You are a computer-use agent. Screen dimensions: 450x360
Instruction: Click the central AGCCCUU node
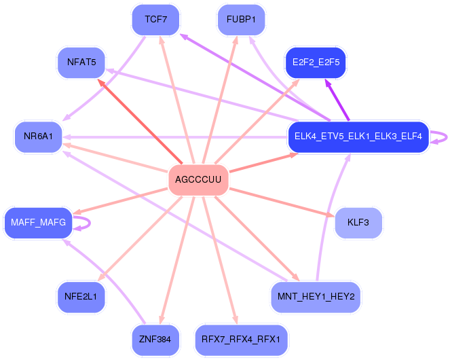[x=198, y=179]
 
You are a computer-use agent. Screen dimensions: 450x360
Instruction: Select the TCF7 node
[x=156, y=20]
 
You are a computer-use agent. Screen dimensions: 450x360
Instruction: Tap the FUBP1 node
[x=241, y=20]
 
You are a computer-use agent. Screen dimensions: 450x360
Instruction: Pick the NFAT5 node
[x=81, y=62]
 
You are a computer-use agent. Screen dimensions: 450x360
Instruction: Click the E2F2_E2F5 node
[x=316, y=62]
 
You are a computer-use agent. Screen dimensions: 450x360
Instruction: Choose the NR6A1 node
[x=38, y=137]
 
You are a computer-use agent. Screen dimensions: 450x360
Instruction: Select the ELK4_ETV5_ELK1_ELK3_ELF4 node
[x=358, y=137]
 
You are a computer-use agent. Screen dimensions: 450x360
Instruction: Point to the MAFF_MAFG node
[x=38, y=223]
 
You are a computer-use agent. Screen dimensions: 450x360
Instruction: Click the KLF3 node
[x=358, y=223]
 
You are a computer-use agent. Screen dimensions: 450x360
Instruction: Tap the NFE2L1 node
[x=81, y=297]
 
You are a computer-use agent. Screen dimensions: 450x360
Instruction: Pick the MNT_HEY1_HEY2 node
[x=316, y=297]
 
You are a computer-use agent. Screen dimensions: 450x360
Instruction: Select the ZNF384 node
[x=155, y=340]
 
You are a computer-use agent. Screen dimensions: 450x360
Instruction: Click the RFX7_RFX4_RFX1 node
[x=241, y=340]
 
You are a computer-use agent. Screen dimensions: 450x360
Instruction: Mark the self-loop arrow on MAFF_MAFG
[x=90, y=223]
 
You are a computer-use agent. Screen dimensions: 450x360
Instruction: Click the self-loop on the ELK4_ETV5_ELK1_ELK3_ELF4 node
[x=447, y=137]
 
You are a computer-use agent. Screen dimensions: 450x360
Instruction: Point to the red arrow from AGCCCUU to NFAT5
[x=140, y=121]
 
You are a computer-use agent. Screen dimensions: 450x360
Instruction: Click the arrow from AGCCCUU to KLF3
[x=282, y=202]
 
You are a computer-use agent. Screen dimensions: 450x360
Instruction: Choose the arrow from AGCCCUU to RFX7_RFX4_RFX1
[x=220, y=260]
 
